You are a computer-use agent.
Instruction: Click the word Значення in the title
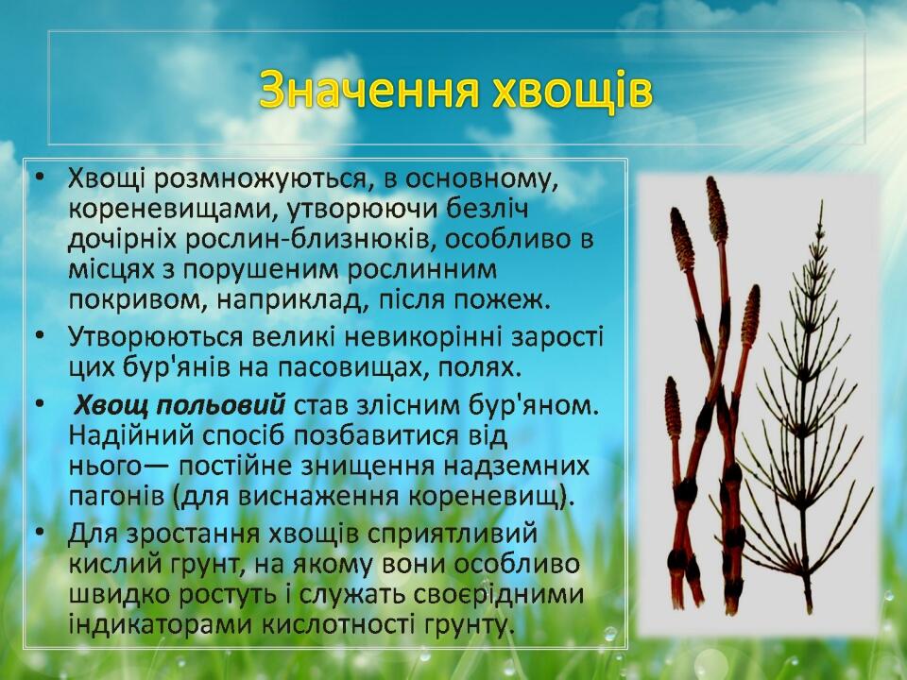click(x=369, y=89)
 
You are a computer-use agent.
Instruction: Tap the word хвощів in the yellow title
click(x=573, y=91)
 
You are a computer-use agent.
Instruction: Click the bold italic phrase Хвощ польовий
click(x=180, y=406)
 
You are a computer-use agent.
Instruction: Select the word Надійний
click(x=130, y=436)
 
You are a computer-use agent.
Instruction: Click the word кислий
click(x=108, y=564)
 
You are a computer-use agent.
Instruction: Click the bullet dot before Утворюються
click(x=40, y=335)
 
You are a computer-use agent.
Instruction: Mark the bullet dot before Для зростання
click(x=40, y=531)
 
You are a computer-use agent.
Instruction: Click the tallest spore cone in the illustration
click(x=716, y=210)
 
